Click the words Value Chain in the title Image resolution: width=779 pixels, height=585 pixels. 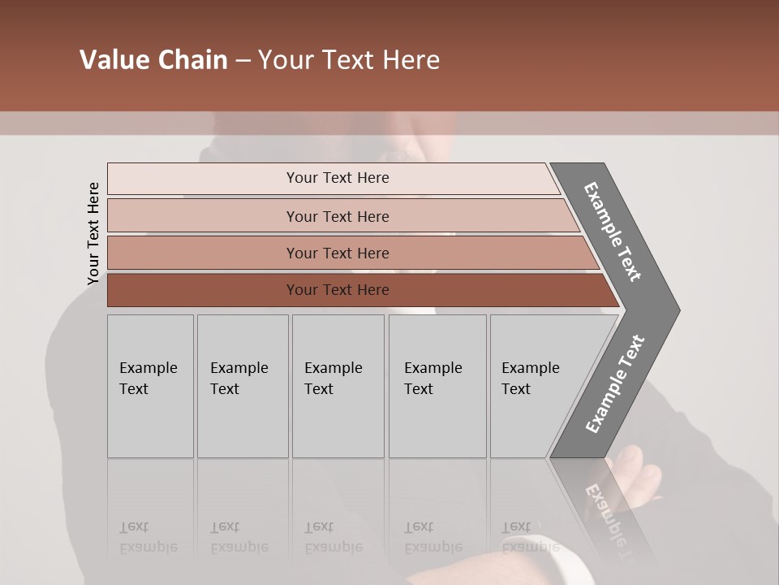point(153,60)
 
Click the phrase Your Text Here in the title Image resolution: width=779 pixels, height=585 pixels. point(349,60)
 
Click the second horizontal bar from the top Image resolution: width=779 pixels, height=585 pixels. point(338,216)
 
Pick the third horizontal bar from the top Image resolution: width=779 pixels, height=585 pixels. point(338,253)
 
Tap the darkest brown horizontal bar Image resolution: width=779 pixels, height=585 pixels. point(338,290)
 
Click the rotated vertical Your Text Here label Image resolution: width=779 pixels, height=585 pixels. point(93,233)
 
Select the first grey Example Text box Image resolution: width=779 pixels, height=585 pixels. point(150,386)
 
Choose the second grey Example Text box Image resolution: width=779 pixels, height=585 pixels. point(243,386)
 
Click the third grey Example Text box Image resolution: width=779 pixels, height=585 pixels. point(338,386)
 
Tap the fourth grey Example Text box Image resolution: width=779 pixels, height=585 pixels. point(437,386)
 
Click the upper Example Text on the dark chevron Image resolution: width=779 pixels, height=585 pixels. point(613,232)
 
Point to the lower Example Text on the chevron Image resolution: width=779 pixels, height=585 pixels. point(615,384)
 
